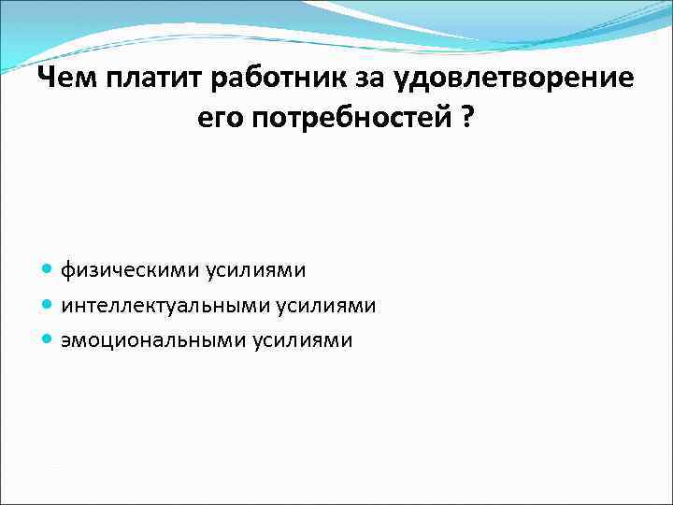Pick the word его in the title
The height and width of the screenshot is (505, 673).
(x=220, y=119)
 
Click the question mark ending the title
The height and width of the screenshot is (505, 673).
(x=466, y=119)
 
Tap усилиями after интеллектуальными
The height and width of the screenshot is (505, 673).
(x=326, y=306)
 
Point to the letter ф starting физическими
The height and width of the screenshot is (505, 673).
(x=68, y=271)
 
